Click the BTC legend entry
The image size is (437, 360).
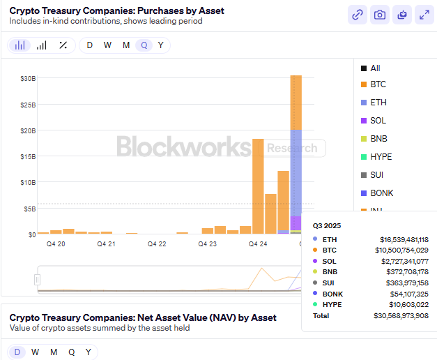coord(378,84)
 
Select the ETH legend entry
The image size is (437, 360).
coord(378,103)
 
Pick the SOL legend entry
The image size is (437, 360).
coord(378,121)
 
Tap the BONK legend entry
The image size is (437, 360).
coord(381,193)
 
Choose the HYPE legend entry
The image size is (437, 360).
coord(381,157)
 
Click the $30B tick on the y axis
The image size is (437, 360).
coord(28,78)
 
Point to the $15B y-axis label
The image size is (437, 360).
coord(28,156)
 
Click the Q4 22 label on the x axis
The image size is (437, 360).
coord(157,244)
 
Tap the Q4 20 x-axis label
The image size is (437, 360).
coord(56,244)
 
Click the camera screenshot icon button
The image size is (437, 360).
coord(379,15)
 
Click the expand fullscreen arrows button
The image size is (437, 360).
coord(423,15)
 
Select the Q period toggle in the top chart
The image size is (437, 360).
coord(144,45)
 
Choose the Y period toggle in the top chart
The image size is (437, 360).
coord(161,45)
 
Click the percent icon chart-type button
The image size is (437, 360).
coord(63,45)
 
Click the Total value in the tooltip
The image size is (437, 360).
coord(405,316)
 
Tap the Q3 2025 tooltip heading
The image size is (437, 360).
coord(327,226)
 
